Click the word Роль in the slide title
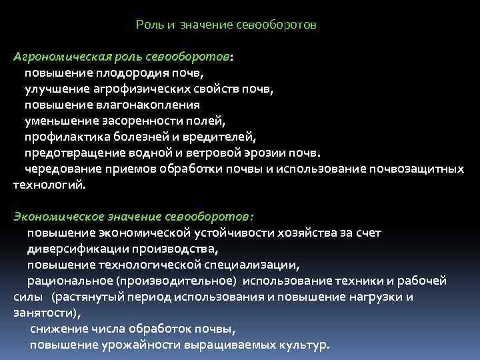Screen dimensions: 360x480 pos(147,25)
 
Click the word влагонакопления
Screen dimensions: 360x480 pos(157,105)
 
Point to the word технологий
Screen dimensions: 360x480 pos(49,185)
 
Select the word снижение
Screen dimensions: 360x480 pos(59,329)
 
